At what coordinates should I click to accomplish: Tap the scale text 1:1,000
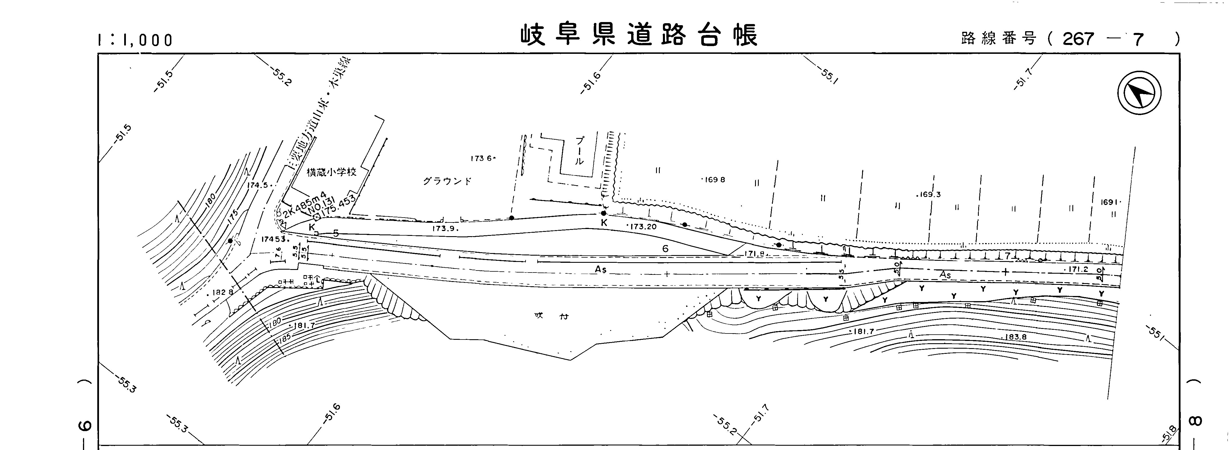(x=135, y=40)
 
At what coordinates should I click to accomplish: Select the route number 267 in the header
(x=1078, y=39)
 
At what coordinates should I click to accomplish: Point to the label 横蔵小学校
(x=331, y=172)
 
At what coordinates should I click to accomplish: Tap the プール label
(x=579, y=151)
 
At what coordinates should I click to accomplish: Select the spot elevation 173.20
(x=643, y=226)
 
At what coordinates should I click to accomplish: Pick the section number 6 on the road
(x=665, y=248)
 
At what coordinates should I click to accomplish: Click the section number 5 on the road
(x=336, y=233)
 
